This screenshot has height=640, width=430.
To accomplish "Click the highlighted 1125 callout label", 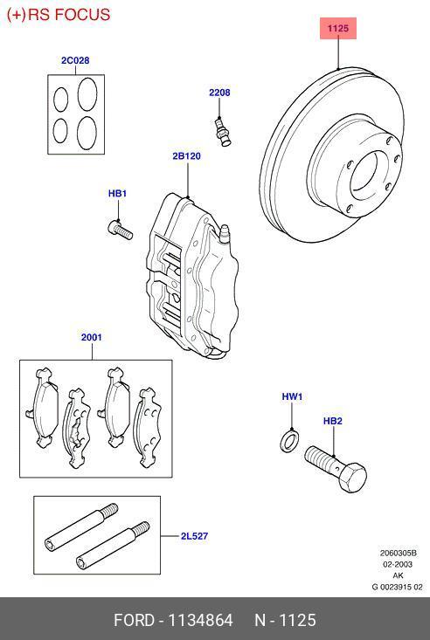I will (338, 29).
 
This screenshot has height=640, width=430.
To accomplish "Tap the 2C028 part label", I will (74, 61).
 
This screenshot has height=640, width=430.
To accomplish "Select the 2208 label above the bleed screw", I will (218, 93).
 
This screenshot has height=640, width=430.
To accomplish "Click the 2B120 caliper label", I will (186, 157).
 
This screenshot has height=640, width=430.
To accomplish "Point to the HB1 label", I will (117, 194).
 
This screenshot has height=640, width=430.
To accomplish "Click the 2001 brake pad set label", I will (92, 337).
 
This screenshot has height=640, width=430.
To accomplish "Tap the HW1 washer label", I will (291, 397).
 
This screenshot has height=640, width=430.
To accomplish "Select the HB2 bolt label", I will (332, 421).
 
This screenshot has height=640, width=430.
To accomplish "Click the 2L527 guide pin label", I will (195, 537).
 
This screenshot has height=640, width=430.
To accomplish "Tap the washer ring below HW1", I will (288, 442).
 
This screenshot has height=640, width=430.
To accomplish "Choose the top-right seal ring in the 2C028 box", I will (87, 92).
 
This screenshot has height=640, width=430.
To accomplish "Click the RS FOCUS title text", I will (59, 15).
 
